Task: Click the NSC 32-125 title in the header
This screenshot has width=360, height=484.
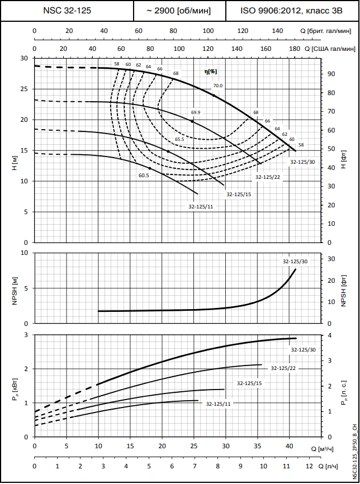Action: coord(67,11)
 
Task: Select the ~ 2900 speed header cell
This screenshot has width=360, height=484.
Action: coord(179,11)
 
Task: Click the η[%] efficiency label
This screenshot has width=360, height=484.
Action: coord(210,72)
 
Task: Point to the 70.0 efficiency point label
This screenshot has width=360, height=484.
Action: coord(217,86)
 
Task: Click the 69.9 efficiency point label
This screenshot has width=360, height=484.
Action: coord(195,112)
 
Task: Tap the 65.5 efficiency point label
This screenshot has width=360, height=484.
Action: coord(179,139)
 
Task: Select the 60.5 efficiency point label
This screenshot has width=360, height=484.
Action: coord(144,175)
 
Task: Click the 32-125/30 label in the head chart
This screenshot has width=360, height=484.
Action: coord(302,162)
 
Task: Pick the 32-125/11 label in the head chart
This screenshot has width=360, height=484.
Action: coord(200,207)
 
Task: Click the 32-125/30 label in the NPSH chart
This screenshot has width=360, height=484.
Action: coord(294,261)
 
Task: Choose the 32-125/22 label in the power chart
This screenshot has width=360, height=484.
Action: coord(283,368)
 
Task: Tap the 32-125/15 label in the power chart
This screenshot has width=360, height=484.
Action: coord(249,383)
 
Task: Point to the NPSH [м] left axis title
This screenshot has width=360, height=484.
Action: coord(13,288)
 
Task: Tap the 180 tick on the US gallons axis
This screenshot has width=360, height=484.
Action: coord(295,49)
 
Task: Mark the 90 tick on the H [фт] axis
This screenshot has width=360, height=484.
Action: coord(331,74)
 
